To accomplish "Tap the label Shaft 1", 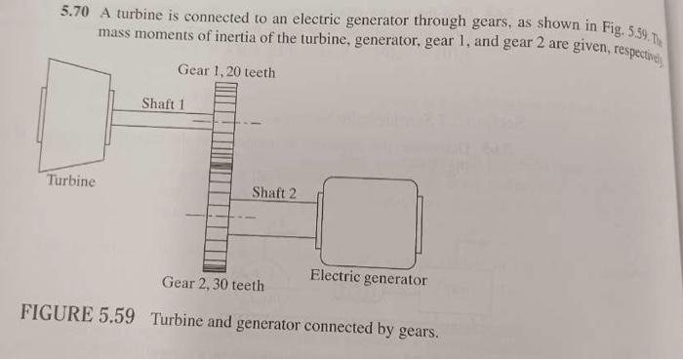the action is click(x=163, y=101).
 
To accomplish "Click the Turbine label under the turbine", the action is click(x=71, y=180).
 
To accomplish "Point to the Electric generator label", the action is click(x=368, y=278).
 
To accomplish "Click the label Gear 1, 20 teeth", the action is click(x=226, y=71).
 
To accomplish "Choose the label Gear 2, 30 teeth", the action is click(x=213, y=284).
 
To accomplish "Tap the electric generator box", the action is click(x=368, y=223).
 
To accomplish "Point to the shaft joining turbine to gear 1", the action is click(x=156, y=119).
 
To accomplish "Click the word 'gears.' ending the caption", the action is click(x=418, y=330).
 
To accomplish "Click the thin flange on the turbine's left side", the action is click(x=41, y=116).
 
